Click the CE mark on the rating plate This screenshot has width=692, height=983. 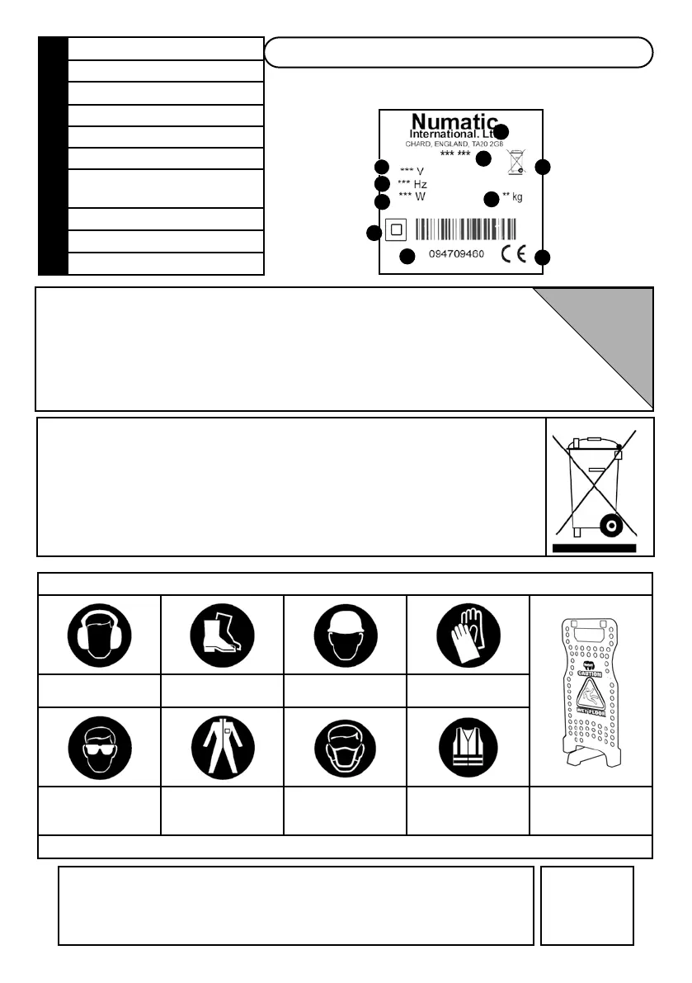pos(512,255)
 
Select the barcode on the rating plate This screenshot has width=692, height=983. pos(466,229)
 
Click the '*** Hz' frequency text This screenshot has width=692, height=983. pos(412,183)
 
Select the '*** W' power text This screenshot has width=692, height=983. pos(412,196)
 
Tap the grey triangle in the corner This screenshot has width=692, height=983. pos(614,330)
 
